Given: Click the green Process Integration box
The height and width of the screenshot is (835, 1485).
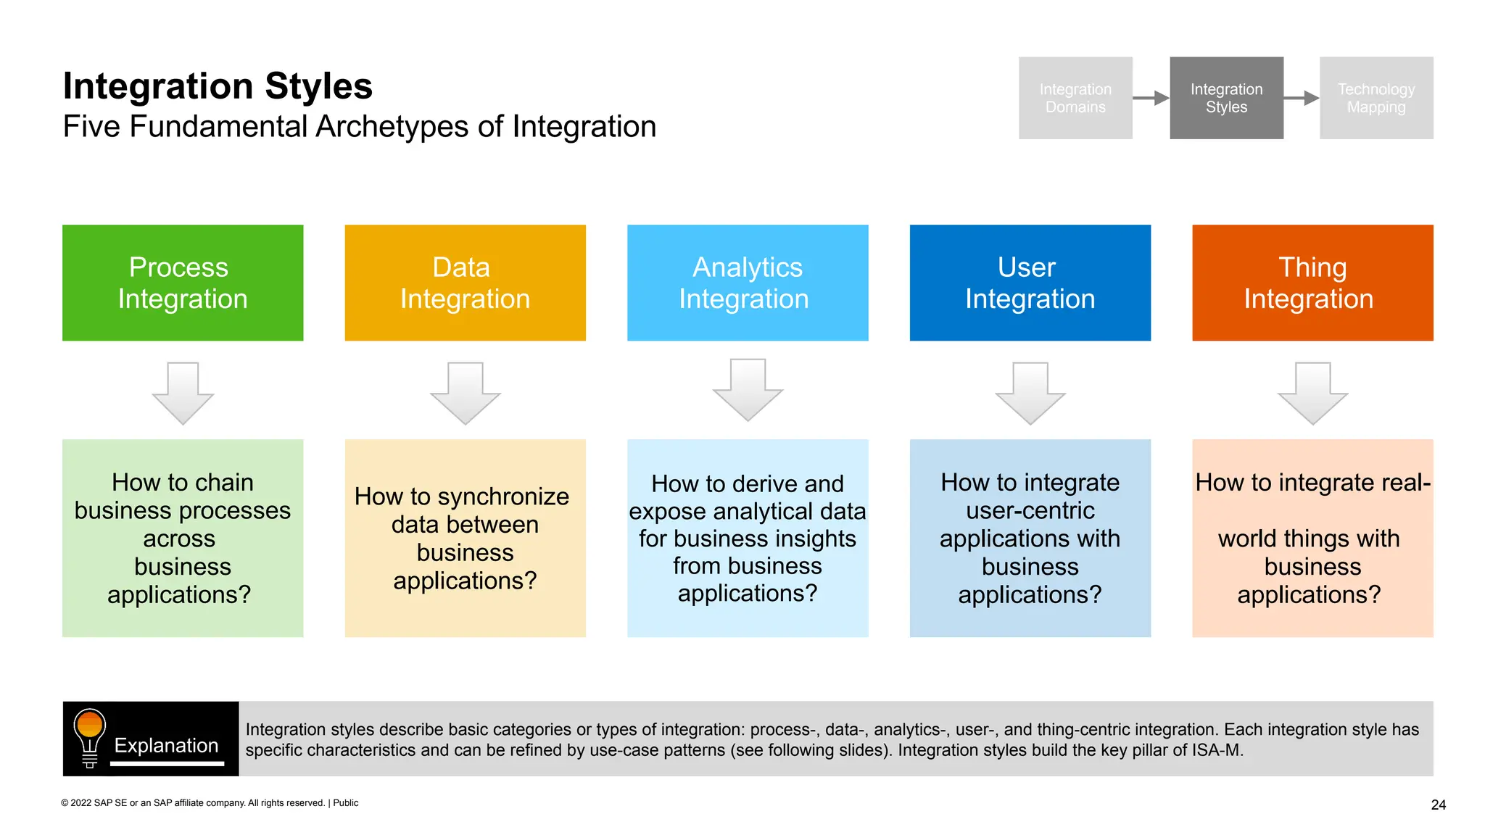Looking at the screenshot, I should (x=183, y=283).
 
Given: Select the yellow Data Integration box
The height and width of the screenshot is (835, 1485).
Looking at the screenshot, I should (x=465, y=283).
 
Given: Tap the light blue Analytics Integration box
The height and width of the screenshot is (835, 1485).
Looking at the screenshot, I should (x=748, y=283).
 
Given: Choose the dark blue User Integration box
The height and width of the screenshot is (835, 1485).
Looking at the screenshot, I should (x=1030, y=283).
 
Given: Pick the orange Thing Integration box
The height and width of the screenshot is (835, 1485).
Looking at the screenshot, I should (x=1312, y=283).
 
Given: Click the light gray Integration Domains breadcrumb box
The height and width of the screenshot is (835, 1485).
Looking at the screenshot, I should (x=1075, y=98).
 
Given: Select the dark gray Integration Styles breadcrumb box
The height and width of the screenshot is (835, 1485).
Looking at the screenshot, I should (x=1226, y=98).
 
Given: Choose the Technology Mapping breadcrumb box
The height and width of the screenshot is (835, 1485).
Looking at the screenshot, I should (x=1376, y=98).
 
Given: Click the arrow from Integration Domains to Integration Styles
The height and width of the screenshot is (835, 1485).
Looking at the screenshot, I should (x=1151, y=98).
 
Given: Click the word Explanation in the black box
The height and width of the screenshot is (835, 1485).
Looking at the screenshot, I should (x=166, y=745).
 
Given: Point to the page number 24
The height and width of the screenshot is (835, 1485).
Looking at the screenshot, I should (x=1439, y=805).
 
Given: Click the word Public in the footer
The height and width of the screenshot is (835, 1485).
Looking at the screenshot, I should (x=346, y=802).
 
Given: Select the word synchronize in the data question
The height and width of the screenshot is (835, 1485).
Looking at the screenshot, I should (x=503, y=497).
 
